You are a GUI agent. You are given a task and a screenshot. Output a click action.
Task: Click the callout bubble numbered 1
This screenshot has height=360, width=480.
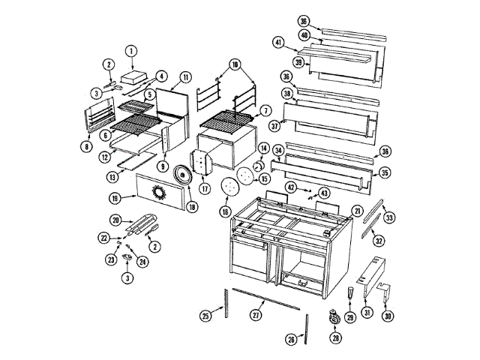[130, 52]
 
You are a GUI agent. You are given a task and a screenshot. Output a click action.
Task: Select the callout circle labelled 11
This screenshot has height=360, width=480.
[185, 76]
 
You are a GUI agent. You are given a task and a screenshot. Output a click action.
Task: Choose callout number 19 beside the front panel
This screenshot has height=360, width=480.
[114, 198]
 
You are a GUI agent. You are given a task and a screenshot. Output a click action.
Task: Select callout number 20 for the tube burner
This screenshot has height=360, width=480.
[115, 220]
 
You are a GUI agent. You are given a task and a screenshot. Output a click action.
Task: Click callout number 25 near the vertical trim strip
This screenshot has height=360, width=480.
[205, 316]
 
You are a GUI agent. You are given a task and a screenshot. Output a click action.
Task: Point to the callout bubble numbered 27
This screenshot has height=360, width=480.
[257, 316]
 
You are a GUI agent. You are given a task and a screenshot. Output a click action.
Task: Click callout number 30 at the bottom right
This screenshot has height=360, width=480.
[388, 316]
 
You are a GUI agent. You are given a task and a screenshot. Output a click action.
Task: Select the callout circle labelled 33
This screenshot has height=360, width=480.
[389, 217]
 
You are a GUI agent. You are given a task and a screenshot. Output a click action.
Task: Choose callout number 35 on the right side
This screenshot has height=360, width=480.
[385, 172]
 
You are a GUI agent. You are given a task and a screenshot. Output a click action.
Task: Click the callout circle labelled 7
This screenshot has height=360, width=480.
[264, 110]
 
